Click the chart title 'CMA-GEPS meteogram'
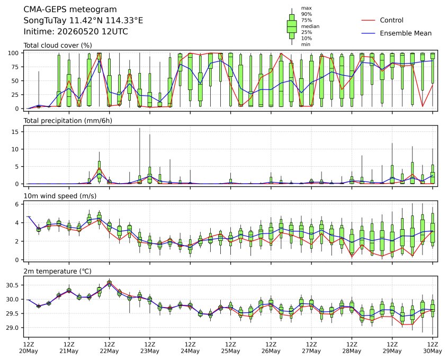point(70,10)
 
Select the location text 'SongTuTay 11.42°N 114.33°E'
point(83,21)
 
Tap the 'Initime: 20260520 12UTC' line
point(76,31)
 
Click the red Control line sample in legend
point(368,20)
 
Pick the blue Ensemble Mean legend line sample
point(368,33)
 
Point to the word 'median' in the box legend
point(310,26)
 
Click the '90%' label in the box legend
point(306,14)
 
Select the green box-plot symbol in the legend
point(292,26)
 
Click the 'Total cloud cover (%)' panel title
point(58,46)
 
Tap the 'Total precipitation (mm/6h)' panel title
point(68,121)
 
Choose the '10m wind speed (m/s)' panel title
point(60,196)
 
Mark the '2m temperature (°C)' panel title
point(57,271)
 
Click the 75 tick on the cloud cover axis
point(15,67)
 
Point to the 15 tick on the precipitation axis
point(15,132)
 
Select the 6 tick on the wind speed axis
point(17,204)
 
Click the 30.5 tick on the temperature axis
point(12,285)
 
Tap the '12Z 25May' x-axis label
point(230,348)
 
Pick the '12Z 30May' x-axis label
point(433,348)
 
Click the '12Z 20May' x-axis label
point(28,348)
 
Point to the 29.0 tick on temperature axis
point(12,328)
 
